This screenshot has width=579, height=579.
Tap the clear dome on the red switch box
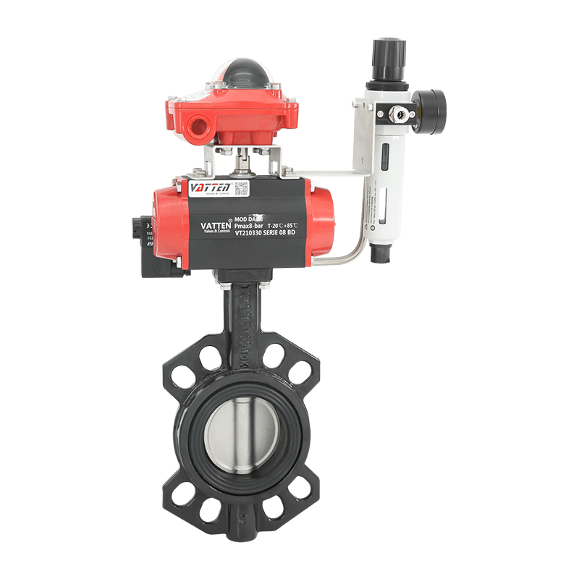244,75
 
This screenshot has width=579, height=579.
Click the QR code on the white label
241,188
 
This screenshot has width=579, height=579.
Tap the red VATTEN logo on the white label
208,187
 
